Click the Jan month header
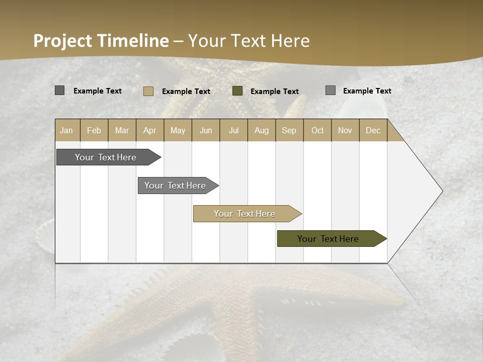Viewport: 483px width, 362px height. tap(67, 130)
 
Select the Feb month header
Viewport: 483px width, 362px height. tap(94, 130)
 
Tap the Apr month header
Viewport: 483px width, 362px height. tap(150, 130)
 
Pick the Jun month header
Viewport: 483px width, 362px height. tap(206, 130)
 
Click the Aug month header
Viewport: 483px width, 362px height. tap(262, 130)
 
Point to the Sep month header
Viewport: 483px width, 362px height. tap(289, 130)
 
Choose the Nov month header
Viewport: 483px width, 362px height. tap(345, 130)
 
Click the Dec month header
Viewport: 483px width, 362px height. tap(373, 130)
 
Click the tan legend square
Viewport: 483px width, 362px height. tap(148, 91)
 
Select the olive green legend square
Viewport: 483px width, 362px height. tap(237, 91)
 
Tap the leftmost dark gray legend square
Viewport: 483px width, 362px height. tap(60, 90)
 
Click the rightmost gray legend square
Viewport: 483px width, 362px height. tap(331, 90)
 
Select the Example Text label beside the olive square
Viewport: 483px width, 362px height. tap(275, 92)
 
